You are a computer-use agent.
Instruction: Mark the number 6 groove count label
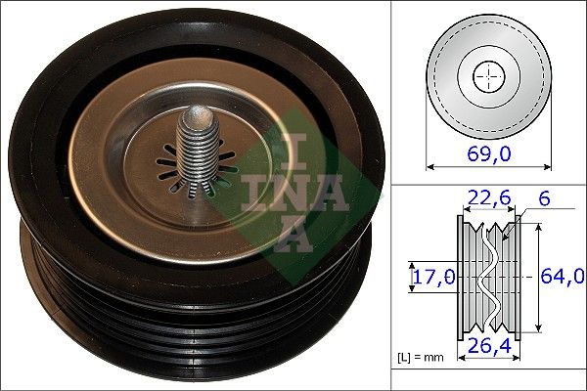[x=543, y=198]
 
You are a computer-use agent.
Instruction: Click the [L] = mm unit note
[x=421, y=358]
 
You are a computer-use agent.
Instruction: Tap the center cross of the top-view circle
[x=486, y=75]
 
